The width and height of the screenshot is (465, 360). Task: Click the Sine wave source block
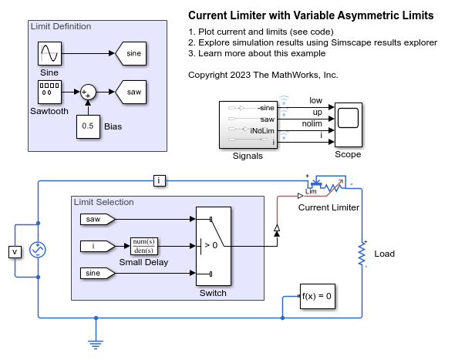point(50,55)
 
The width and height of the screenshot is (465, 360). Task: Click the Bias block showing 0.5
point(88,126)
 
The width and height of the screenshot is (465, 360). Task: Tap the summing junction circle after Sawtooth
point(88,92)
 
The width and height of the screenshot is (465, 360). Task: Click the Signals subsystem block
point(248,126)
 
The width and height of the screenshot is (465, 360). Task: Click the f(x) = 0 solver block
point(317,297)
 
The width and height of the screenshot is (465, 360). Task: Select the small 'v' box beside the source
point(14,251)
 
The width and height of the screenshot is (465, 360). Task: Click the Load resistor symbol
point(360,253)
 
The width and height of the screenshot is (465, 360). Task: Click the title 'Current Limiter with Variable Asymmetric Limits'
point(311,15)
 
